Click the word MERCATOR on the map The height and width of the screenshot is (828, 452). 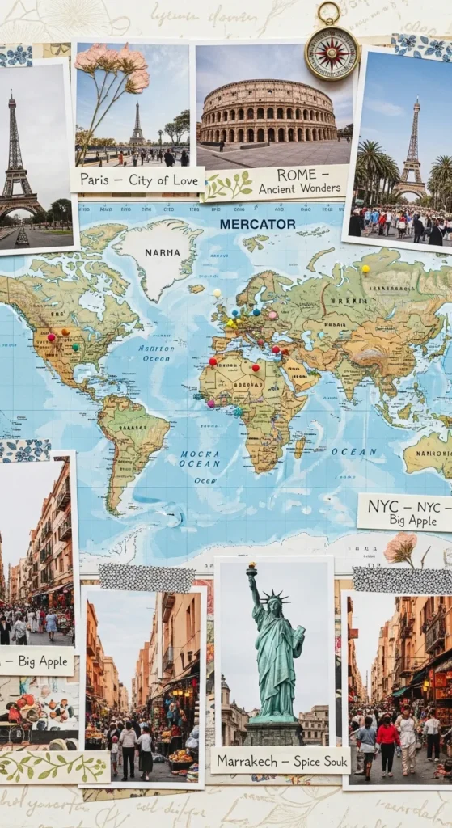coord(257,223)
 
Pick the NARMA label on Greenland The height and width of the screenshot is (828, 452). coord(162,252)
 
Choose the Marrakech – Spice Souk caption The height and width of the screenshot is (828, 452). coord(280,760)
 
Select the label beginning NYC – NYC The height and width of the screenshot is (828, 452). coord(404,513)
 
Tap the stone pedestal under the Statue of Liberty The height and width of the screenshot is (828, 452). coord(275,733)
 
